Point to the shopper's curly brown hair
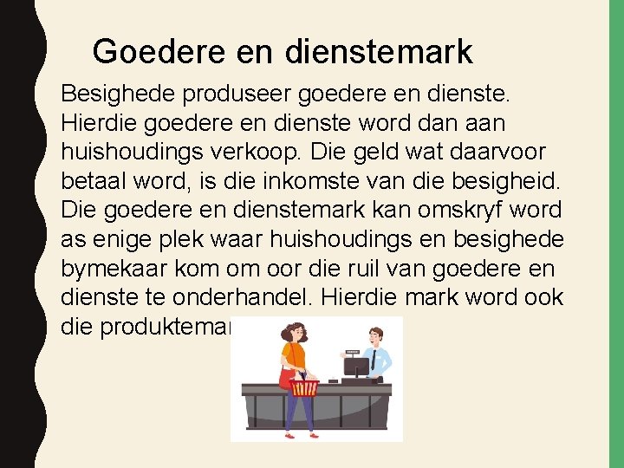pyautogui.click(x=295, y=329)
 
